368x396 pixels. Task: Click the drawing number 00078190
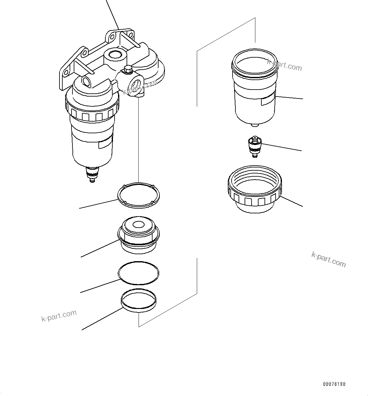[334, 384]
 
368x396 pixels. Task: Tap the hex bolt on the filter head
[128, 69]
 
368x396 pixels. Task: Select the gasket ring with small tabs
[139, 195]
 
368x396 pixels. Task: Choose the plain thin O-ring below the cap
[139, 273]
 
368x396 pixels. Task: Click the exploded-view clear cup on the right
[255, 89]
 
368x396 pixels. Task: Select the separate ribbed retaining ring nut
[255, 190]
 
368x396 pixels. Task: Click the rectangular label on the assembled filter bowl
[105, 144]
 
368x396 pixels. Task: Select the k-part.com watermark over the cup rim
[284, 65]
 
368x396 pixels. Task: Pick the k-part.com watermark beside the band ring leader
[59, 315]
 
